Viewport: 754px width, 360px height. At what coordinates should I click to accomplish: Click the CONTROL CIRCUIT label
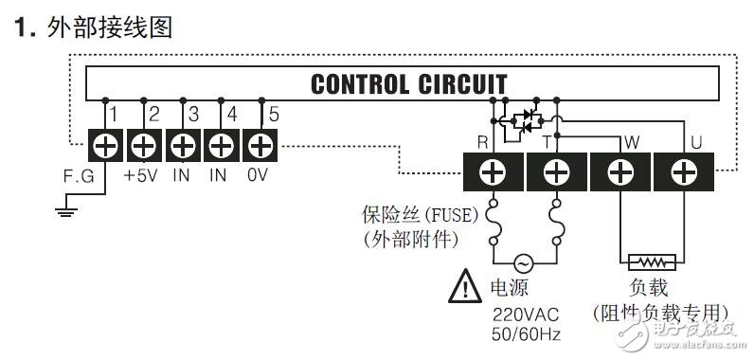tap(408, 84)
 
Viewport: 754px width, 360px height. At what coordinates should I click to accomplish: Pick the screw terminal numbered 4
tap(220, 146)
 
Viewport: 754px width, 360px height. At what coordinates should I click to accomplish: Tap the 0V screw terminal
tap(259, 146)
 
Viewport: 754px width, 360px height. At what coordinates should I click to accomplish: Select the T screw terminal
tap(557, 172)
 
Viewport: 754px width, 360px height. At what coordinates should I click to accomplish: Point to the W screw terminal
tap(619, 172)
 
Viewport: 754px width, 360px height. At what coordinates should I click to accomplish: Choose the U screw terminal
tap(682, 172)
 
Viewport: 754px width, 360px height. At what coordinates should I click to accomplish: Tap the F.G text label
tap(79, 176)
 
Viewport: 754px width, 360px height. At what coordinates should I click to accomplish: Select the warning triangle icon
tap(465, 284)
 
